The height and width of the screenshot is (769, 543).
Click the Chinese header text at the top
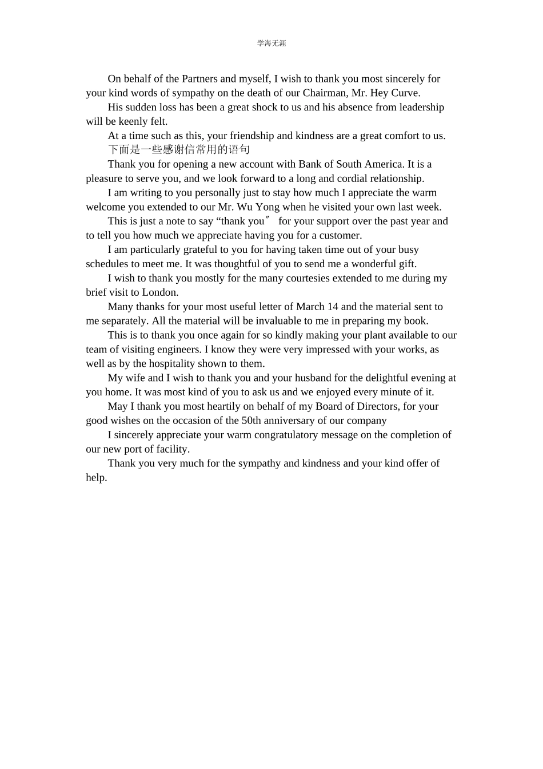tap(271, 43)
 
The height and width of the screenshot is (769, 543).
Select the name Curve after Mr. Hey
tap(405, 93)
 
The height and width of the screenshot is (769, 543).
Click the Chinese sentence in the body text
tap(179, 150)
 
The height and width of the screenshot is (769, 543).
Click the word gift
tap(407, 264)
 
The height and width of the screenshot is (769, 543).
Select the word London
tap(160, 292)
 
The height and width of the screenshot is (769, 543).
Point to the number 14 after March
tap(333, 307)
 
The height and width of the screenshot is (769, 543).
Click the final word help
tap(96, 478)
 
